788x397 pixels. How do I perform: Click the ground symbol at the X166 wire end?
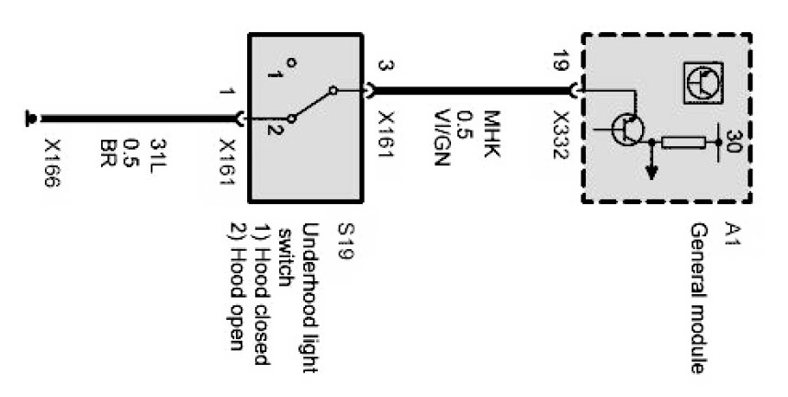[32, 117]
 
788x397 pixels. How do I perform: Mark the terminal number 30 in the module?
[734, 142]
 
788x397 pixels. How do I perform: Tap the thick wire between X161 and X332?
[468, 91]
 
